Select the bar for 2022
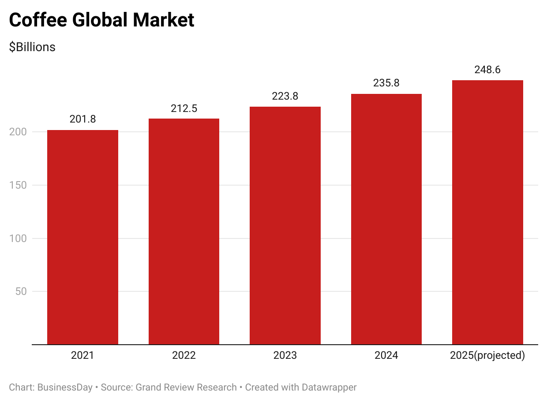[x=184, y=231]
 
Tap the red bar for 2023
[x=285, y=225]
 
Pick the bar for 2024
[x=386, y=219]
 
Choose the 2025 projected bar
[x=487, y=212]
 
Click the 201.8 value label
[x=82, y=119]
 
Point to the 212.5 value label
[x=184, y=108]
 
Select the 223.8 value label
[x=285, y=96]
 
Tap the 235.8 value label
[x=386, y=83]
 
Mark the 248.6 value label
[x=487, y=70]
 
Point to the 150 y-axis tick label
[x=18, y=185]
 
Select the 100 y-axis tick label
[x=18, y=238]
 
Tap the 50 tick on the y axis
[x=21, y=291]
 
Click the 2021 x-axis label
[x=82, y=355]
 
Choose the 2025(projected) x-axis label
[x=487, y=355]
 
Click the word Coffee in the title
[x=37, y=20]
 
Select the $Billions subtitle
[x=32, y=47]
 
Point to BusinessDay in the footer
[x=65, y=387]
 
